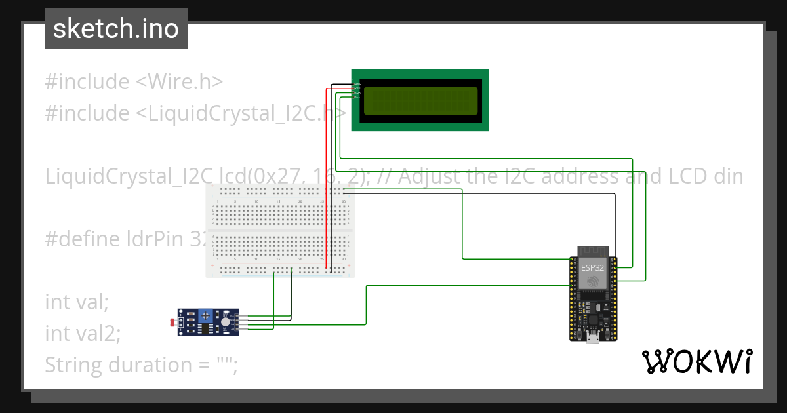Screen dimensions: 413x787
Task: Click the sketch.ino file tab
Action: click(x=115, y=29)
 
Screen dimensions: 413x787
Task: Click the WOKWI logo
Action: click(x=696, y=361)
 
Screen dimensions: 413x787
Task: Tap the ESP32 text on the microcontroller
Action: click(x=593, y=267)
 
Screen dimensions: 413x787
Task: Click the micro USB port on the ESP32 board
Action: click(x=593, y=337)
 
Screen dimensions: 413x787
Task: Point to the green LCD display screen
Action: click(x=420, y=101)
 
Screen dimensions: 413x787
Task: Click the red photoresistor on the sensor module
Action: click(x=173, y=323)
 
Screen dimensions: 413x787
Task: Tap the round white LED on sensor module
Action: click(x=226, y=322)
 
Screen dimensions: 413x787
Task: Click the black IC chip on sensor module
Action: click(x=205, y=327)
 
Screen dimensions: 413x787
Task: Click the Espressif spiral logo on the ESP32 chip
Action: click(x=593, y=281)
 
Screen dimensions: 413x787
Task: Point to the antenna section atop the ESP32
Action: click(x=593, y=251)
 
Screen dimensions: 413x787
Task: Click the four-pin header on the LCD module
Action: click(x=356, y=89)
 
